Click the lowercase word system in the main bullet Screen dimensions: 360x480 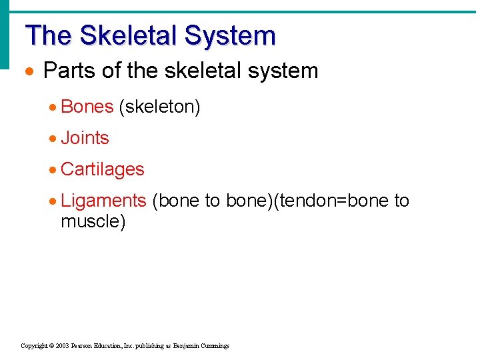(x=283, y=71)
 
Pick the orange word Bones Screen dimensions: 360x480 (x=87, y=107)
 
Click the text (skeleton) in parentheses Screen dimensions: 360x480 (x=159, y=107)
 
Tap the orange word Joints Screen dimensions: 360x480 (x=85, y=138)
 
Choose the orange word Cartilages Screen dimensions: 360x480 (x=102, y=169)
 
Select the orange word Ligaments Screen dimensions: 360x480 (x=103, y=201)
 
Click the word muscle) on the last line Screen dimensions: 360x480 (x=93, y=221)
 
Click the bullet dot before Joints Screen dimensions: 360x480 (x=53, y=139)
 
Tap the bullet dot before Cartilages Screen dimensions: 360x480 (x=53, y=170)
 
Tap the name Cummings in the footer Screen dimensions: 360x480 (x=214, y=346)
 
